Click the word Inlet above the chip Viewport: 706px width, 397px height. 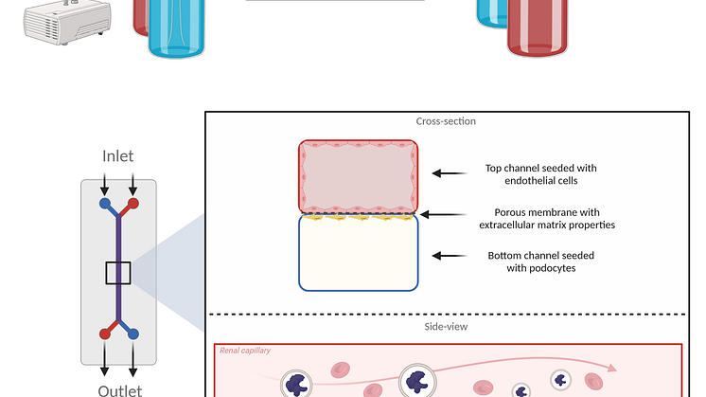[x=118, y=155]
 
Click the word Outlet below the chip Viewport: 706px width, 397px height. [x=119, y=389]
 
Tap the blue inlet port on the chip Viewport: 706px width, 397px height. [x=104, y=203]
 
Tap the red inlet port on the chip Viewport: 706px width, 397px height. [x=133, y=203]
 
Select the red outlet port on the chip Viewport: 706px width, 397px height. [x=104, y=333]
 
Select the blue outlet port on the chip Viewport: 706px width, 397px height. [x=133, y=333]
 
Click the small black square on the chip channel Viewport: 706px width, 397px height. [x=118, y=273]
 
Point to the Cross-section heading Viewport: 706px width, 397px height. [x=446, y=121]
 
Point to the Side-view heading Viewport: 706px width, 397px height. [x=446, y=327]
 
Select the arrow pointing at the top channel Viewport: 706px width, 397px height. [x=450, y=173]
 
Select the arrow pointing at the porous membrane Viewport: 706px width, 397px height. [x=450, y=214]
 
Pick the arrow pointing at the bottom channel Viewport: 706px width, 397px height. [x=450, y=255]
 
